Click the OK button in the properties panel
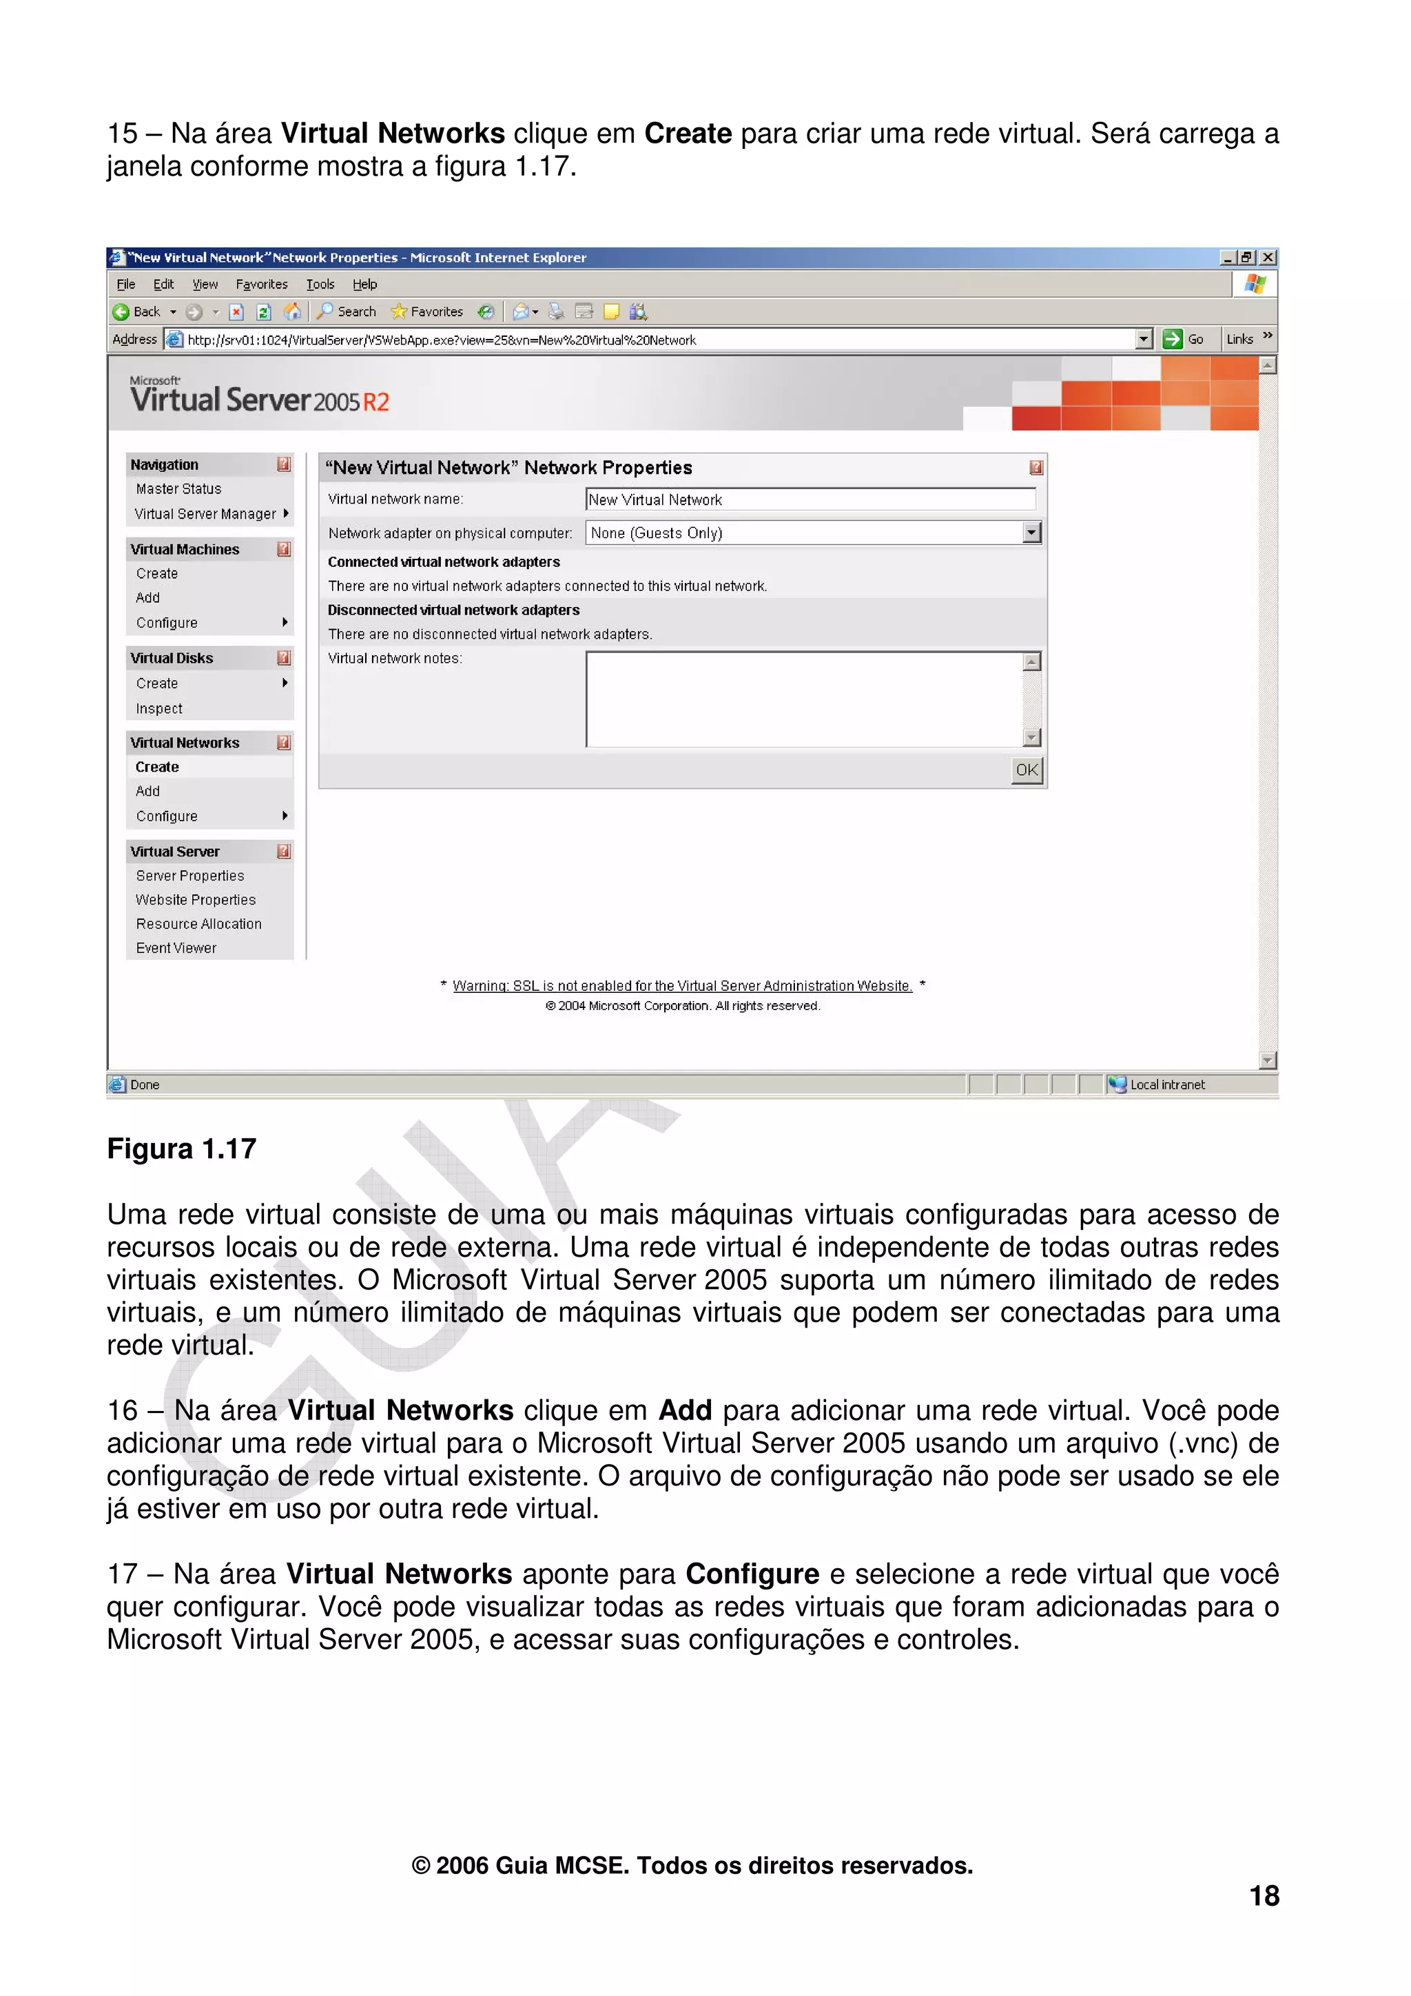tap(1027, 770)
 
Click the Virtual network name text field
tap(810, 499)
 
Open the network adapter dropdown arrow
tap(1031, 533)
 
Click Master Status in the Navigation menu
tap(178, 488)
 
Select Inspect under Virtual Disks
tap(159, 708)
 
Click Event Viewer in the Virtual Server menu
tap(176, 947)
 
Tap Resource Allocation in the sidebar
tap(198, 923)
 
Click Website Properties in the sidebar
tap(196, 900)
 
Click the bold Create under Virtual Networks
tap(157, 767)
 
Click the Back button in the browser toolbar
tap(137, 311)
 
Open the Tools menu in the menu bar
tap(320, 285)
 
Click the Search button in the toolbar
tap(348, 311)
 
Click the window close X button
tap(1268, 257)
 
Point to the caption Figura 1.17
tap(182, 1149)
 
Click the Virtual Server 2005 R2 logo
tap(259, 396)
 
